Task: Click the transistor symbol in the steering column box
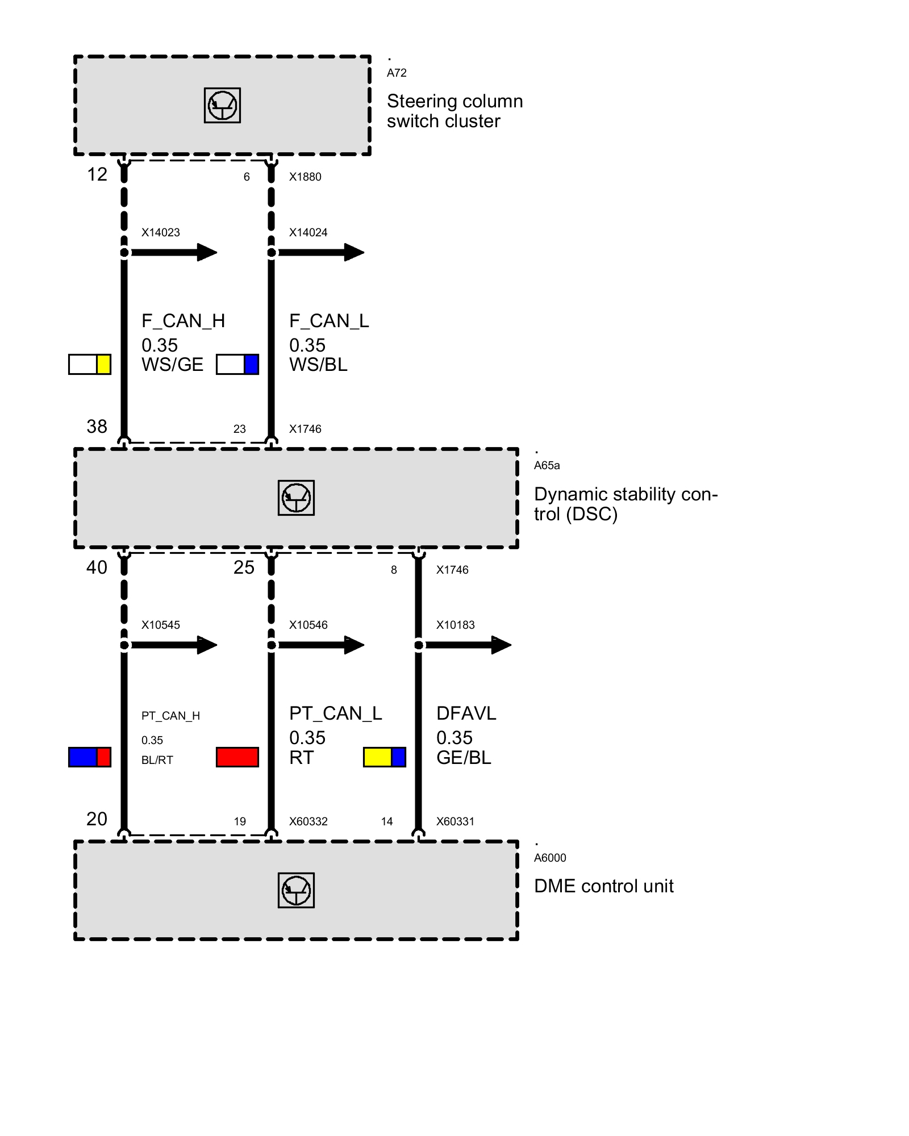tap(222, 106)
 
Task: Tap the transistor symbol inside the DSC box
tap(296, 498)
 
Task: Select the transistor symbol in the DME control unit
tap(296, 890)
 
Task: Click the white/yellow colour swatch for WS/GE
tap(90, 364)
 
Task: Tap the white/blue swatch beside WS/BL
tap(237, 364)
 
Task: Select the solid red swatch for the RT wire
tap(237, 757)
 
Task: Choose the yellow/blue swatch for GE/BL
tap(385, 757)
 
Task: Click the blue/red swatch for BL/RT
tap(90, 757)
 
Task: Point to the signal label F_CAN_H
tap(183, 321)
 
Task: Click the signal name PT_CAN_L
tap(335, 713)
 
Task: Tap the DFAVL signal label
tap(466, 713)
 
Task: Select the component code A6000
tap(550, 858)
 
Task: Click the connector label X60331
tap(455, 821)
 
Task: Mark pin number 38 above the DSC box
tap(97, 427)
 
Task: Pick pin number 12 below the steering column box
tap(97, 174)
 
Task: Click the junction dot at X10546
tap(272, 645)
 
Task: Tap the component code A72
tap(397, 73)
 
